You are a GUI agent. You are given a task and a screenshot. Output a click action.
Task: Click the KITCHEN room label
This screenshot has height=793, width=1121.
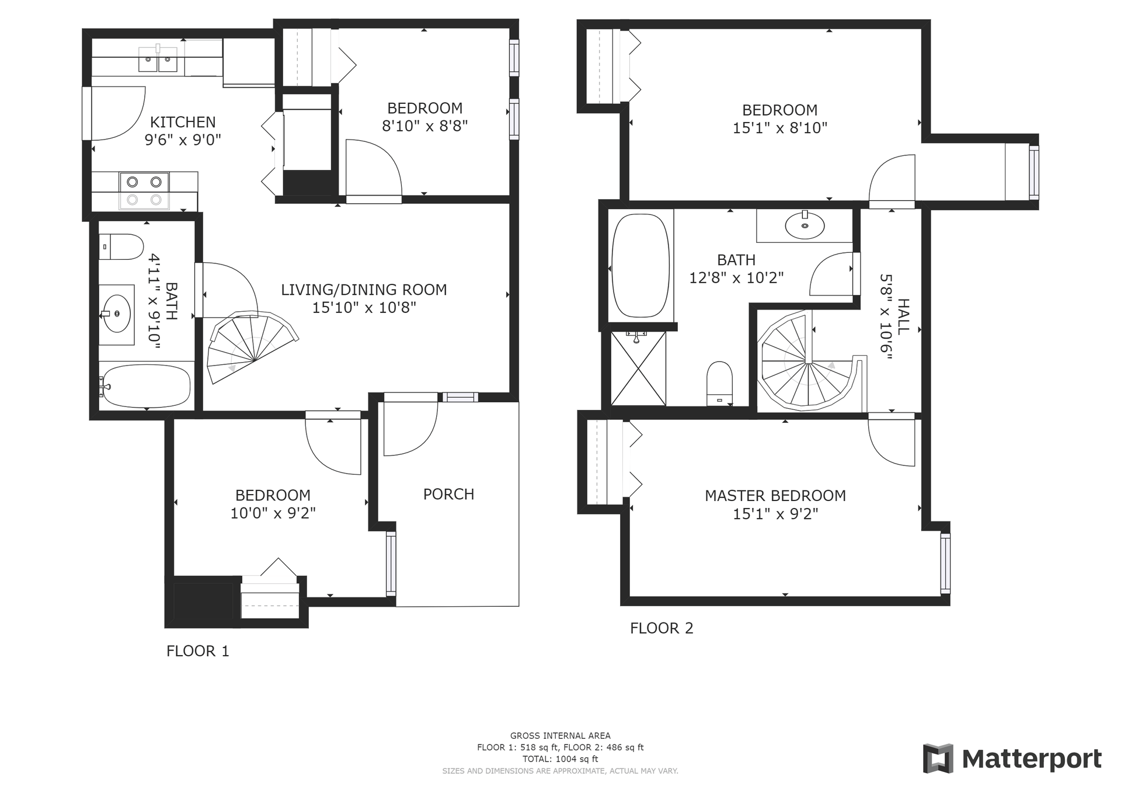(x=183, y=122)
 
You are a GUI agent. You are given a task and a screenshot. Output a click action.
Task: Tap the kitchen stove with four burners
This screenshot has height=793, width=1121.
(x=144, y=190)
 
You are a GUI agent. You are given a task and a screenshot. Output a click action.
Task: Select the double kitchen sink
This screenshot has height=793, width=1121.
(x=158, y=60)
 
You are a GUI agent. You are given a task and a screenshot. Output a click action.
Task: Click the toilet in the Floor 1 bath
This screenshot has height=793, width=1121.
(x=121, y=247)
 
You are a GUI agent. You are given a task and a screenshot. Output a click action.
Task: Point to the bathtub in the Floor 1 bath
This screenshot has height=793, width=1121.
(x=145, y=387)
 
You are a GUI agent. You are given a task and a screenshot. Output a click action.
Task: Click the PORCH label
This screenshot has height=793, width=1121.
(x=448, y=494)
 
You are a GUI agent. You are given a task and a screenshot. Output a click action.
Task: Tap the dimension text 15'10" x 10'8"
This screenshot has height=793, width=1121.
(x=364, y=308)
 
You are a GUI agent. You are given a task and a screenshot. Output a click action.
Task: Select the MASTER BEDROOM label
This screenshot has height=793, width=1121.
(x=775, y=496)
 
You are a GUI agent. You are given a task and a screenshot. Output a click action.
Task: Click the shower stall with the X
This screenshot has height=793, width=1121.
(x=638, y=368)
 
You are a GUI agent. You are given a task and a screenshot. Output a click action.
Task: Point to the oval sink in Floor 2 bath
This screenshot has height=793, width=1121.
(x=805, y=225)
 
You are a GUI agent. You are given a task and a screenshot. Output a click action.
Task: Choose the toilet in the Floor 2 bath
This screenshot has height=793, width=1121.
(x=719, y=383)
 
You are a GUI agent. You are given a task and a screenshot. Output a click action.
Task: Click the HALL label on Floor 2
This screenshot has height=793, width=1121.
(x=903, y=316)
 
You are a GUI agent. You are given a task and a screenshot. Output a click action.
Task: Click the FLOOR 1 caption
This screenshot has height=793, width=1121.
(x=197, y=651)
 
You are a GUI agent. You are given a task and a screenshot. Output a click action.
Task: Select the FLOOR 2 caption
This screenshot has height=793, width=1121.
(x=662, y=628)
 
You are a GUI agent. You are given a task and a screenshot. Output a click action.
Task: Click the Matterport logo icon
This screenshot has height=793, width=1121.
(x=938, y=759)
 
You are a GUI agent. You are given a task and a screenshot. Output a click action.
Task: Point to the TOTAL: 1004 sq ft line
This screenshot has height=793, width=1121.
(x=560, y=759)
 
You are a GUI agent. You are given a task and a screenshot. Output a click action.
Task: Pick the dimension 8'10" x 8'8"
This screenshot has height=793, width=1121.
(x=424, y=126)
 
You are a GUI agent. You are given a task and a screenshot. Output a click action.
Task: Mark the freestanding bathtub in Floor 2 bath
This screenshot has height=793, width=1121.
(x=640, y=266)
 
